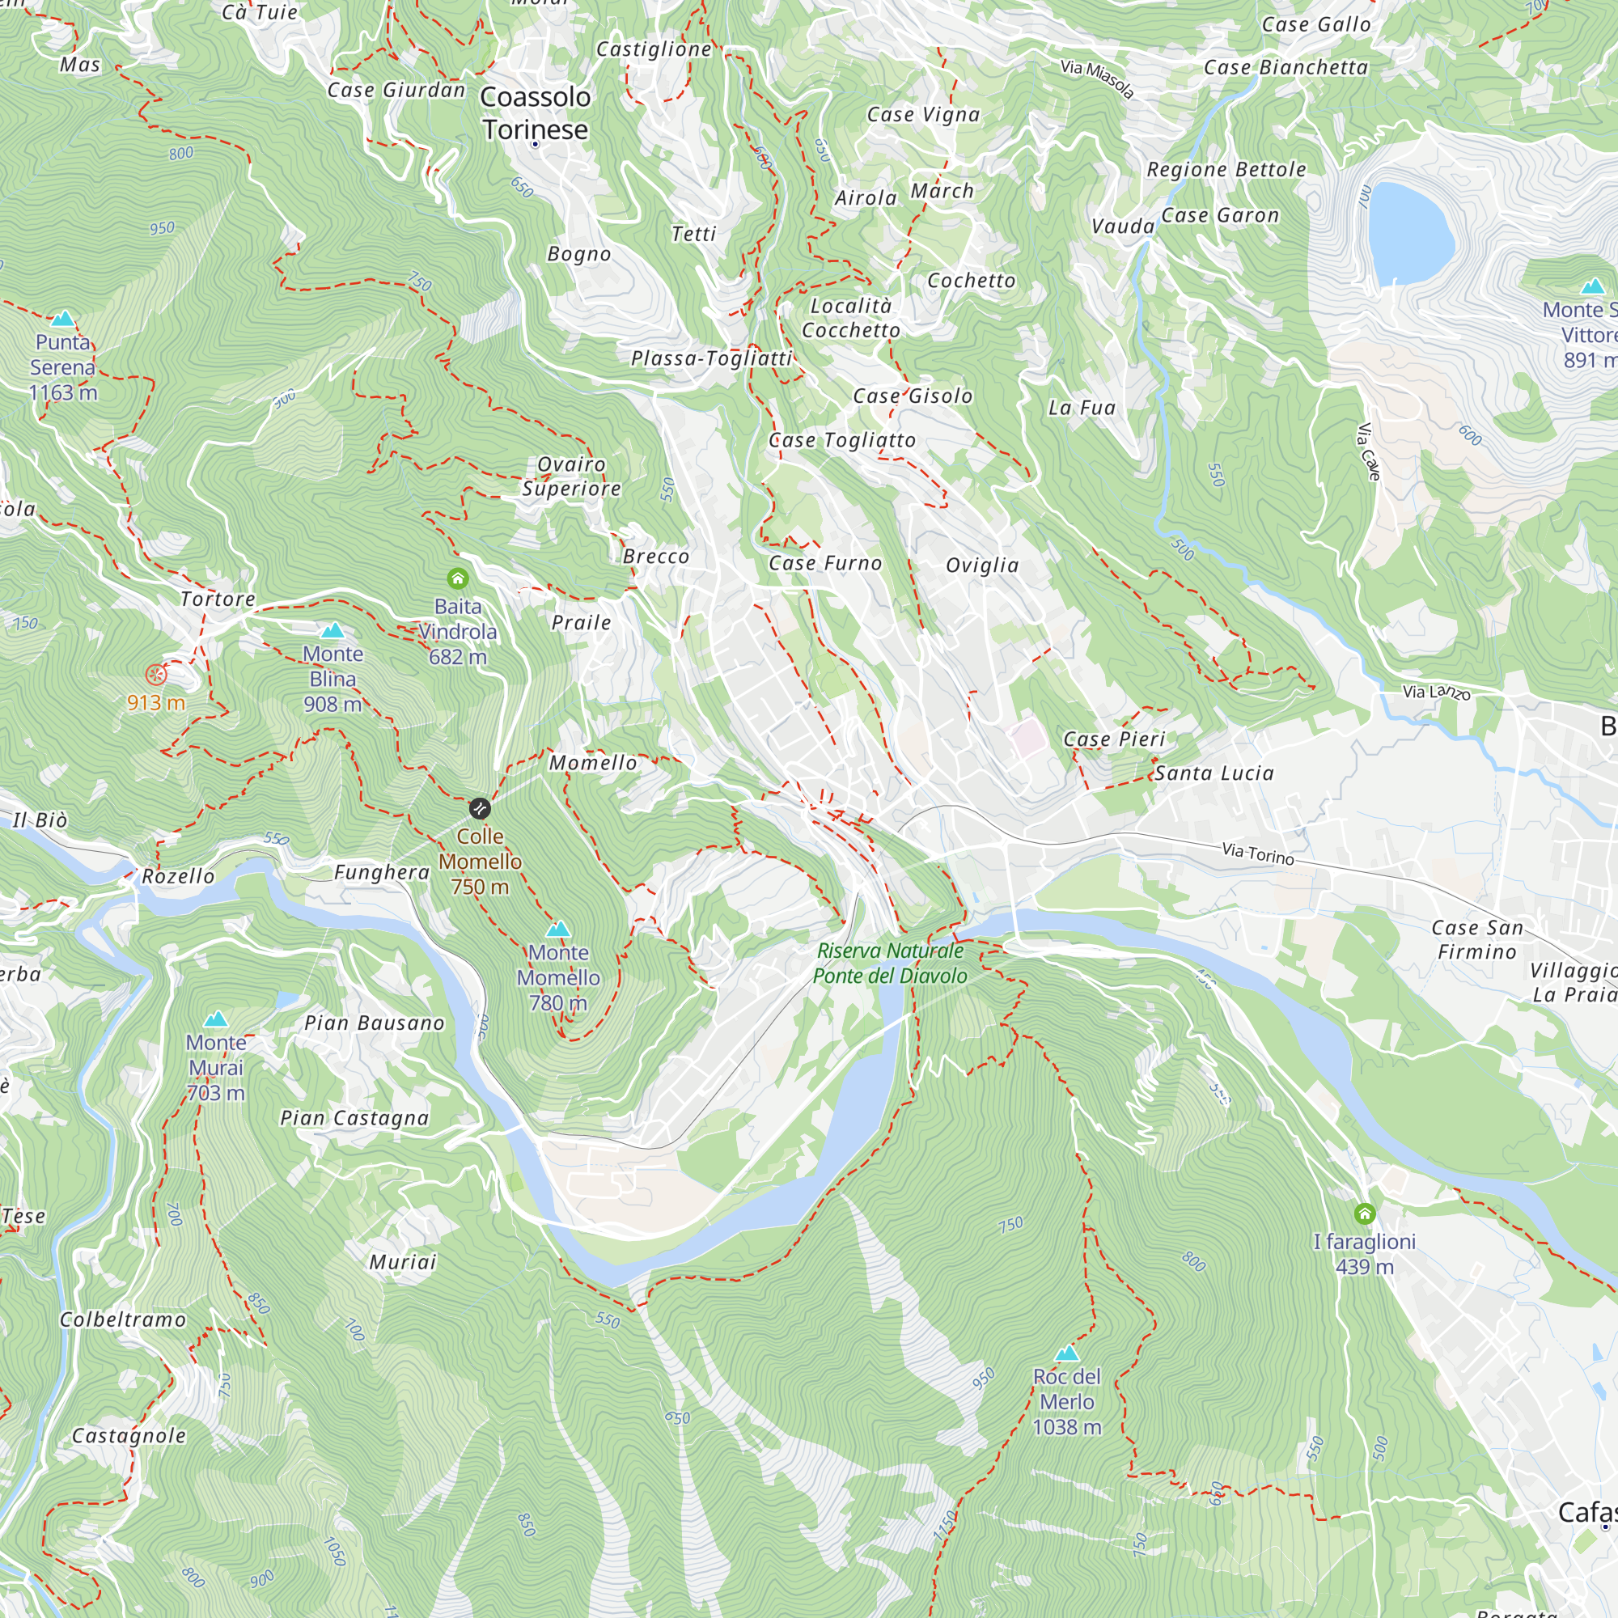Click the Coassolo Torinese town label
[535, 113]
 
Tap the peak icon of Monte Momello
[557, 929]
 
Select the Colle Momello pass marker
[479, 808]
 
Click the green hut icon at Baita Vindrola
[457, 578]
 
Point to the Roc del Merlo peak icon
[1066, 1353]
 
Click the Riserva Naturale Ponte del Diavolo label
[889, 963]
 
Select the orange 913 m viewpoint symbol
[156, 674]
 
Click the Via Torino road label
[1257, 853]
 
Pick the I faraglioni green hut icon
[1364, 1213]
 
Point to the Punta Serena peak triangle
[63, 318]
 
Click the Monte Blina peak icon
[332, 629]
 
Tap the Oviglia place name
[981, 565]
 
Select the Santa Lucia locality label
[1213, 773]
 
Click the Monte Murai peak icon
[216, 1019]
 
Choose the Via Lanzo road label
[1436, 692]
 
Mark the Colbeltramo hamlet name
[123, 1319]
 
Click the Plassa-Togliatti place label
[711, 358]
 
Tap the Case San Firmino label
[1476, 939]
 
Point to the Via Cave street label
[1367, 452]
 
